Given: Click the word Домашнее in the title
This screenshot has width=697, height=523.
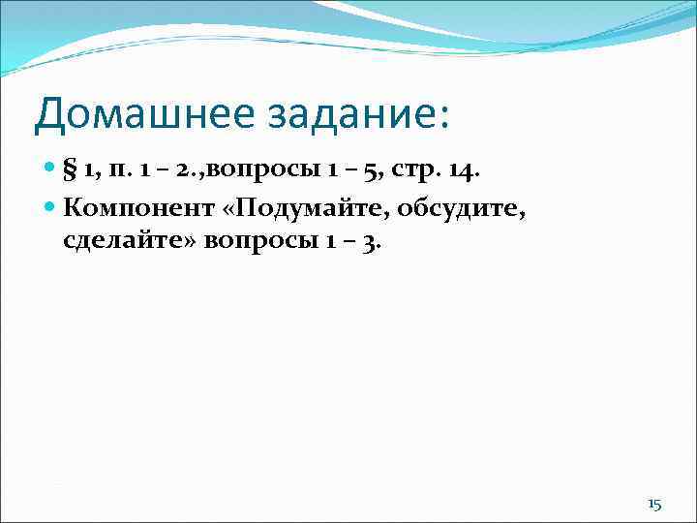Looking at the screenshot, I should (129, 114).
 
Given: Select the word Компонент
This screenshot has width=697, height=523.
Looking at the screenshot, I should (135, 206).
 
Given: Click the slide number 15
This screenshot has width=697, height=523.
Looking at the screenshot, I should (654, 505).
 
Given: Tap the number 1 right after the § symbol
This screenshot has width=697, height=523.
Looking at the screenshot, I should (88, 172).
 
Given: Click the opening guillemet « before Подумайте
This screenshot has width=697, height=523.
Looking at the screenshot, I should (229, 206).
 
